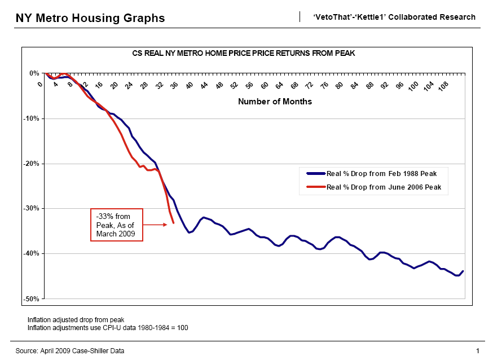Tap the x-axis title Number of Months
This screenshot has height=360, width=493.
[275, 102]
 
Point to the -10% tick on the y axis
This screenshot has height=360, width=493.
[31, 118]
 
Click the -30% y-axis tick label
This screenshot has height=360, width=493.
[31, 208]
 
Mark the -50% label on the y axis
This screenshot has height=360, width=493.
[31, 298]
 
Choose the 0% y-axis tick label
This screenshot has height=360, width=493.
[34, 73]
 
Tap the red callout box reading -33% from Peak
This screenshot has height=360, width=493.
[117, 225]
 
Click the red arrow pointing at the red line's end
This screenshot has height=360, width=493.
[158, 225]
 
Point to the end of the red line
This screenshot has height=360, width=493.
[173, 223]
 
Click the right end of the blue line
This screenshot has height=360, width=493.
[463, 271]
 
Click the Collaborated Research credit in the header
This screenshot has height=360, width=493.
[394, 17]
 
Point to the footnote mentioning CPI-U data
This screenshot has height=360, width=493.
[108, 327]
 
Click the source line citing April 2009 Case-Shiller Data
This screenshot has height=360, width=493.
[70, 351]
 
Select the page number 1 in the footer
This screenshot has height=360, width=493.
[477, 351]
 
